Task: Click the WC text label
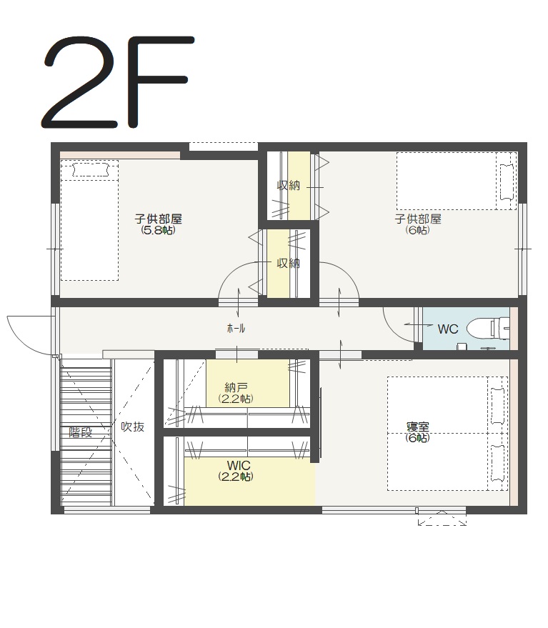pos(448,329)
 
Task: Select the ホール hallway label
pos(236,329)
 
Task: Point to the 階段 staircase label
pos(81,432)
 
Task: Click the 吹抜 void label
pos(133,427)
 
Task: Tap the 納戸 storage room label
pos(236,387)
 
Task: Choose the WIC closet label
pos(239,465)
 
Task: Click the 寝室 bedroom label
pos(417,427)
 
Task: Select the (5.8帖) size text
pos(158,230)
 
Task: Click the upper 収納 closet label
pos(289,186)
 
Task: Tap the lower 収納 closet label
pos(289,263)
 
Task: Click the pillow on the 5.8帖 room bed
pos(91,169)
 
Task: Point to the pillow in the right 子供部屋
pos(507,182)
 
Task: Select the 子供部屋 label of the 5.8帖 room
pos(158,219)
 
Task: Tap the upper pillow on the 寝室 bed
pos(498,406)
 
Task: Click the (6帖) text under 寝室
pos(417,438)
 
